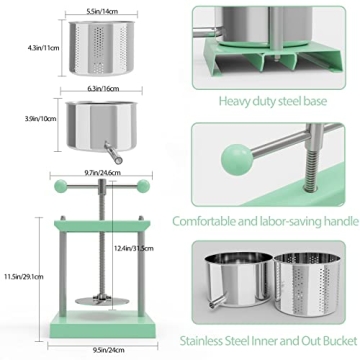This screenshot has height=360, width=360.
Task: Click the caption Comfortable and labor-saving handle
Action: click(265, 222)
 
